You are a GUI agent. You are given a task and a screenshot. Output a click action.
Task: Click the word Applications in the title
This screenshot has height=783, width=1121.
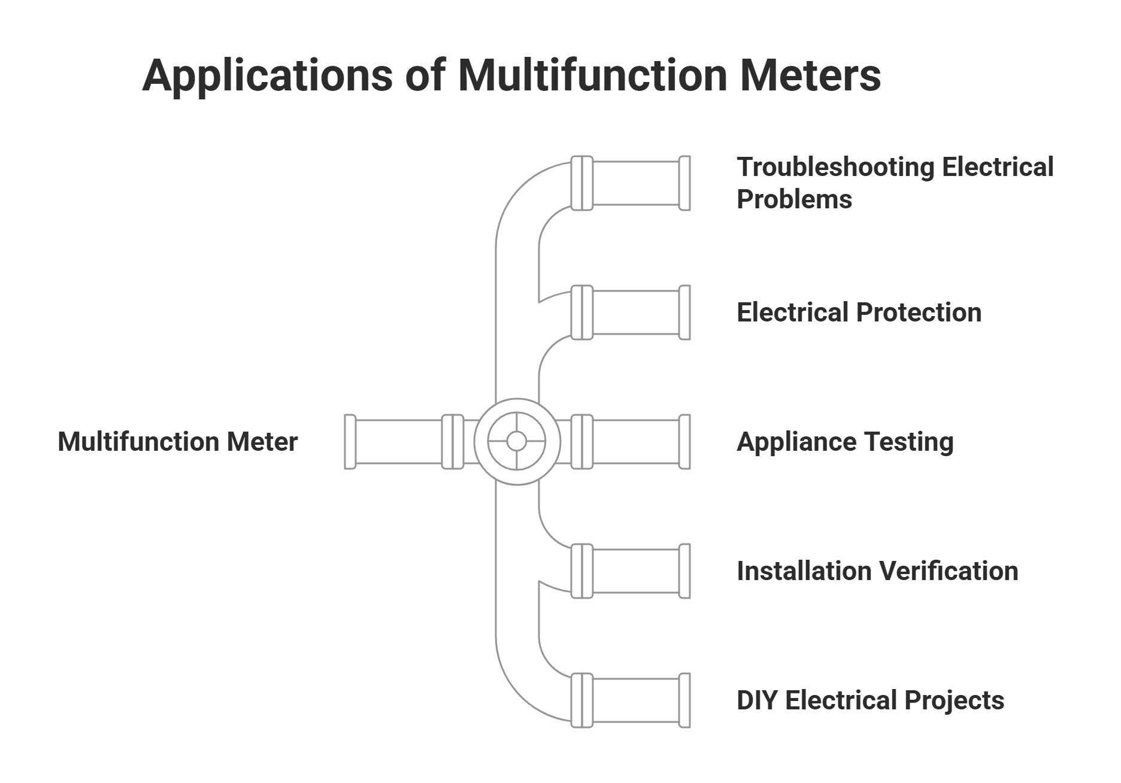(266, 75)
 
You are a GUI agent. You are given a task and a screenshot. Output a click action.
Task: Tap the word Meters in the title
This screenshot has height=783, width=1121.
(810, 75)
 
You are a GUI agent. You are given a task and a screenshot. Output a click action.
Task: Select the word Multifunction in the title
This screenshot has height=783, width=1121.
(592, 75)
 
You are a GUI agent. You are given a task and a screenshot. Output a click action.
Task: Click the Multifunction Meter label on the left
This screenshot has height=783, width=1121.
(177, 442)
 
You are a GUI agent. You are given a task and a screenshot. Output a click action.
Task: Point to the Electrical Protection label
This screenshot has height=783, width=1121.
(859, 312)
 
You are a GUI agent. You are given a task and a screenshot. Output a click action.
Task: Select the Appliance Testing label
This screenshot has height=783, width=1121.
(845, 442)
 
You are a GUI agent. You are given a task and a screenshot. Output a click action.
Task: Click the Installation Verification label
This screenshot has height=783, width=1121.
(877, 571)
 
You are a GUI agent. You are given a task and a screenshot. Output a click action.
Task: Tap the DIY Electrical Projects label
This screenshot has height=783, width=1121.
(870, 700)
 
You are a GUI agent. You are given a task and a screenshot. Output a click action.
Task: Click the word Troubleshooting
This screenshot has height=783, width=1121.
(835, 167)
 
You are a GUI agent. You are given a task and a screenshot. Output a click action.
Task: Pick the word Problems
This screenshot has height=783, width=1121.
(794, 199)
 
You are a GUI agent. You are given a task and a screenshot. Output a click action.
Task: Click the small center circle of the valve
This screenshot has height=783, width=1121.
(516, 442)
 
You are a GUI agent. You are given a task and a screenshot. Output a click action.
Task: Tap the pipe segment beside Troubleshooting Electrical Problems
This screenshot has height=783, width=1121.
(635, 183)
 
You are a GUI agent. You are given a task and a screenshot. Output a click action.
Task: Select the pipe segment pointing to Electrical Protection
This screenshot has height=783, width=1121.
(635, 312)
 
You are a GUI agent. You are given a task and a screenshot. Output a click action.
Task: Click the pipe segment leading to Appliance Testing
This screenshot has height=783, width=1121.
(635, 442)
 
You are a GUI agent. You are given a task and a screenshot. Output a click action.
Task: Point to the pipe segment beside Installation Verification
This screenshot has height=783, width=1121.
(635, 571)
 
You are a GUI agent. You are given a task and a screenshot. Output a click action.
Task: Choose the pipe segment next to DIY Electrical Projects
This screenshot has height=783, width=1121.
(635, 700)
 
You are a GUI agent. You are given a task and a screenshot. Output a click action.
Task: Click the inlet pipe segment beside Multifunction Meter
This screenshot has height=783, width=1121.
(398, 442)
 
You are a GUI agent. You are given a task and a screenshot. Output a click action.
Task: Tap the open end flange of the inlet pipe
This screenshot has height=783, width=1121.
(350, 442)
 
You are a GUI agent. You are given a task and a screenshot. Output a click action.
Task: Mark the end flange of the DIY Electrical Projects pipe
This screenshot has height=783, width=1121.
(684, 700)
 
